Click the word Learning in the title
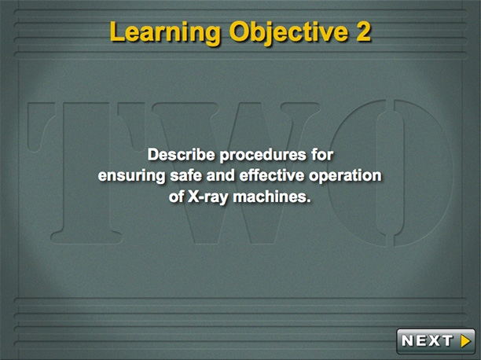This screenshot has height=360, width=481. pyautogui.click(x=165, y=32)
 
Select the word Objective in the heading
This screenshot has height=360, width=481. pyautogui.click(x=288, y=32)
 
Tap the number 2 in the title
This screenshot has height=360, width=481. pyautogui.click(x=364, y=31)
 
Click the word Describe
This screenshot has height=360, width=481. pyautogui.click(x=181, y=154)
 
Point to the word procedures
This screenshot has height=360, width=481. pyautogui.click(x=263, y=155)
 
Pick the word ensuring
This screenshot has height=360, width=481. pyautogui.click(x=131, y=176)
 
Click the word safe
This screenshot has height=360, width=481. pyautogui.click(x=186, y=175)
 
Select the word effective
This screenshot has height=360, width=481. pyautogui.click(x=272, y=175)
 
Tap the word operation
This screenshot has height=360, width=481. pyautogui.click(x=345, y=176)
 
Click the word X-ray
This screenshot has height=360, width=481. pyautogui.click(x=208, y=197)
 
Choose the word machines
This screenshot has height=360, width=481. pyautogui.click(x=270, y=197)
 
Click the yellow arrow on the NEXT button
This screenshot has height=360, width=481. pyautogui.click(x=465, y=340)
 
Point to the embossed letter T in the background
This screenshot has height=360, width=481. pyautogui.click(x=86, y=173)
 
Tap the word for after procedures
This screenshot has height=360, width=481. pyautogui.click(x=322, y=154)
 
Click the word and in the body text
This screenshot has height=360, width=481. pyautogui.click(x=220, y=175)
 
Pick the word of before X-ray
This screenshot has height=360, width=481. pyautogui.click(x=176, y=197)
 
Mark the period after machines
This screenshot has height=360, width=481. pyautogui.click(x=309, y=201)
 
